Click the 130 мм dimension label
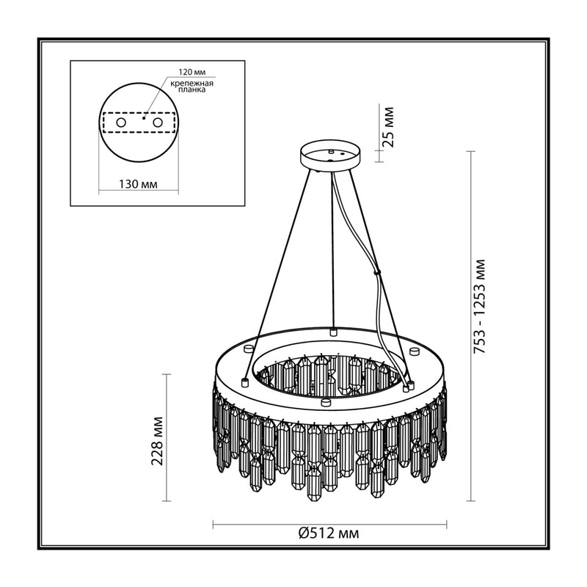pos(138,184)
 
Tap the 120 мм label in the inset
pos(192,72)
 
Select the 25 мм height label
pos(389,127)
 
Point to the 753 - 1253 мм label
pos(480,306)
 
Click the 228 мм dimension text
pos(157,441)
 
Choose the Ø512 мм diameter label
pos(329,533)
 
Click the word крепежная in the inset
pos(192,84)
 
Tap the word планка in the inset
pos(192,90)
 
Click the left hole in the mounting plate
pos(121,123)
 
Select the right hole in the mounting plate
pos(158,123)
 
